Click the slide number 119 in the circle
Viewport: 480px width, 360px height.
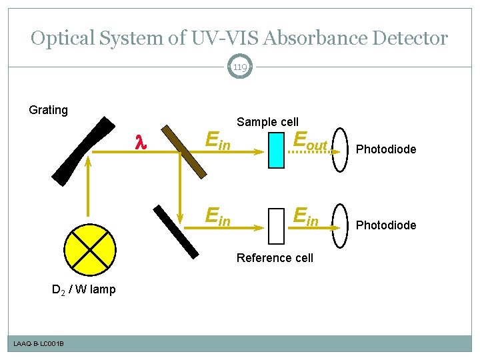240,67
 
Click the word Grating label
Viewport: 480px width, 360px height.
49,110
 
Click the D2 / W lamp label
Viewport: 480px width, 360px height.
84,289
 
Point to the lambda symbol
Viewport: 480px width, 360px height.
140,143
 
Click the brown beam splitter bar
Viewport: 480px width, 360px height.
187,151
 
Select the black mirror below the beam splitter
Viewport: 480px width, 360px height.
176,231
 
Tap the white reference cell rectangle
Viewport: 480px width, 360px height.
276,226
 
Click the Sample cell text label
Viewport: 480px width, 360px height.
267,122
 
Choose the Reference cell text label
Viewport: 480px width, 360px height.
275,258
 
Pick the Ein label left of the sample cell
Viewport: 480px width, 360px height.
219,141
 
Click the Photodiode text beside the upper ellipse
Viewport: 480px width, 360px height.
386,149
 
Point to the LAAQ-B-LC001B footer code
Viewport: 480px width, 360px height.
39,343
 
